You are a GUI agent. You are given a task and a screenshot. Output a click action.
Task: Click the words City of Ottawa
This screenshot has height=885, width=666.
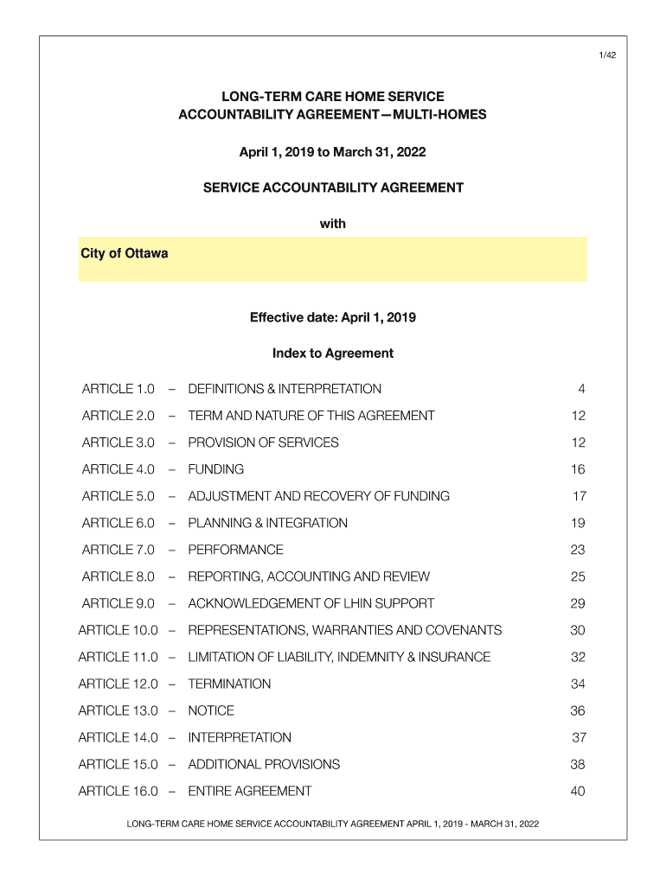pos(125,254)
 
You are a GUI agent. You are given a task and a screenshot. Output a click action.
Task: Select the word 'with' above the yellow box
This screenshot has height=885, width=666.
pos(333,224)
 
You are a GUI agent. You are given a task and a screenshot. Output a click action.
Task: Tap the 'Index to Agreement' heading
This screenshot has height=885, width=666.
pos(333,353)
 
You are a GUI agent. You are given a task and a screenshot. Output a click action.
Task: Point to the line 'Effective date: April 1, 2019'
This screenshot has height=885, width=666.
pos(333,317)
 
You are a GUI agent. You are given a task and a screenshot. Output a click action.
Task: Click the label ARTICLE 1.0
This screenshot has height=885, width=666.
pos(118,389)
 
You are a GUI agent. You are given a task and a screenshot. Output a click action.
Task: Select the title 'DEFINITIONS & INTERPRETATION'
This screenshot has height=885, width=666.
pos(285,389)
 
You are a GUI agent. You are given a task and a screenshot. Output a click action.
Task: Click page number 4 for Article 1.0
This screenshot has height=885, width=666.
pos(582,389)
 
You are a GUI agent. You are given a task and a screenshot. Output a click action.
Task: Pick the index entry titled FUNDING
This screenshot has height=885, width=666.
pos(216,469)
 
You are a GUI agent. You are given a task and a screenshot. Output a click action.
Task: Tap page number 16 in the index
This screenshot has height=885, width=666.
pos(578,469)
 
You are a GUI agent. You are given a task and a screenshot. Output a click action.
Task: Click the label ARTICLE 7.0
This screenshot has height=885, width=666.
pos(118,550)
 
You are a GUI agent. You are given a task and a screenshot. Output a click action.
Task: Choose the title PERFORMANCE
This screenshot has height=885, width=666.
pos(235,550)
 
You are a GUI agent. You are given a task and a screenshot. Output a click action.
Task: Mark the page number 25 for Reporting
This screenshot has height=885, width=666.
pos(578,576)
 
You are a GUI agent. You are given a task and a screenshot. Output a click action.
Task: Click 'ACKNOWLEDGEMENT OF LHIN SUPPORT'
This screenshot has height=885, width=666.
pos(311,603)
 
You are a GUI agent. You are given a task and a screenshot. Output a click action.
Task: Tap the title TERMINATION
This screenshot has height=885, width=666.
pos(229,684)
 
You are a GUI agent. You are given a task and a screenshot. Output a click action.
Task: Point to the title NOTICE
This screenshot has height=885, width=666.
pos(211,710)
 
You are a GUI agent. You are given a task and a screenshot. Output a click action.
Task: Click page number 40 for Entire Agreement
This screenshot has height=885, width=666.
pos(578,791)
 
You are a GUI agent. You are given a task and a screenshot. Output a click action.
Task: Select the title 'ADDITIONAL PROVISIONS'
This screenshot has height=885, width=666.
pos(264,764)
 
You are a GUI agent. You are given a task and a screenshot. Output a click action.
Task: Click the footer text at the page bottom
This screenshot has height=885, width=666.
pos(333,824)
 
